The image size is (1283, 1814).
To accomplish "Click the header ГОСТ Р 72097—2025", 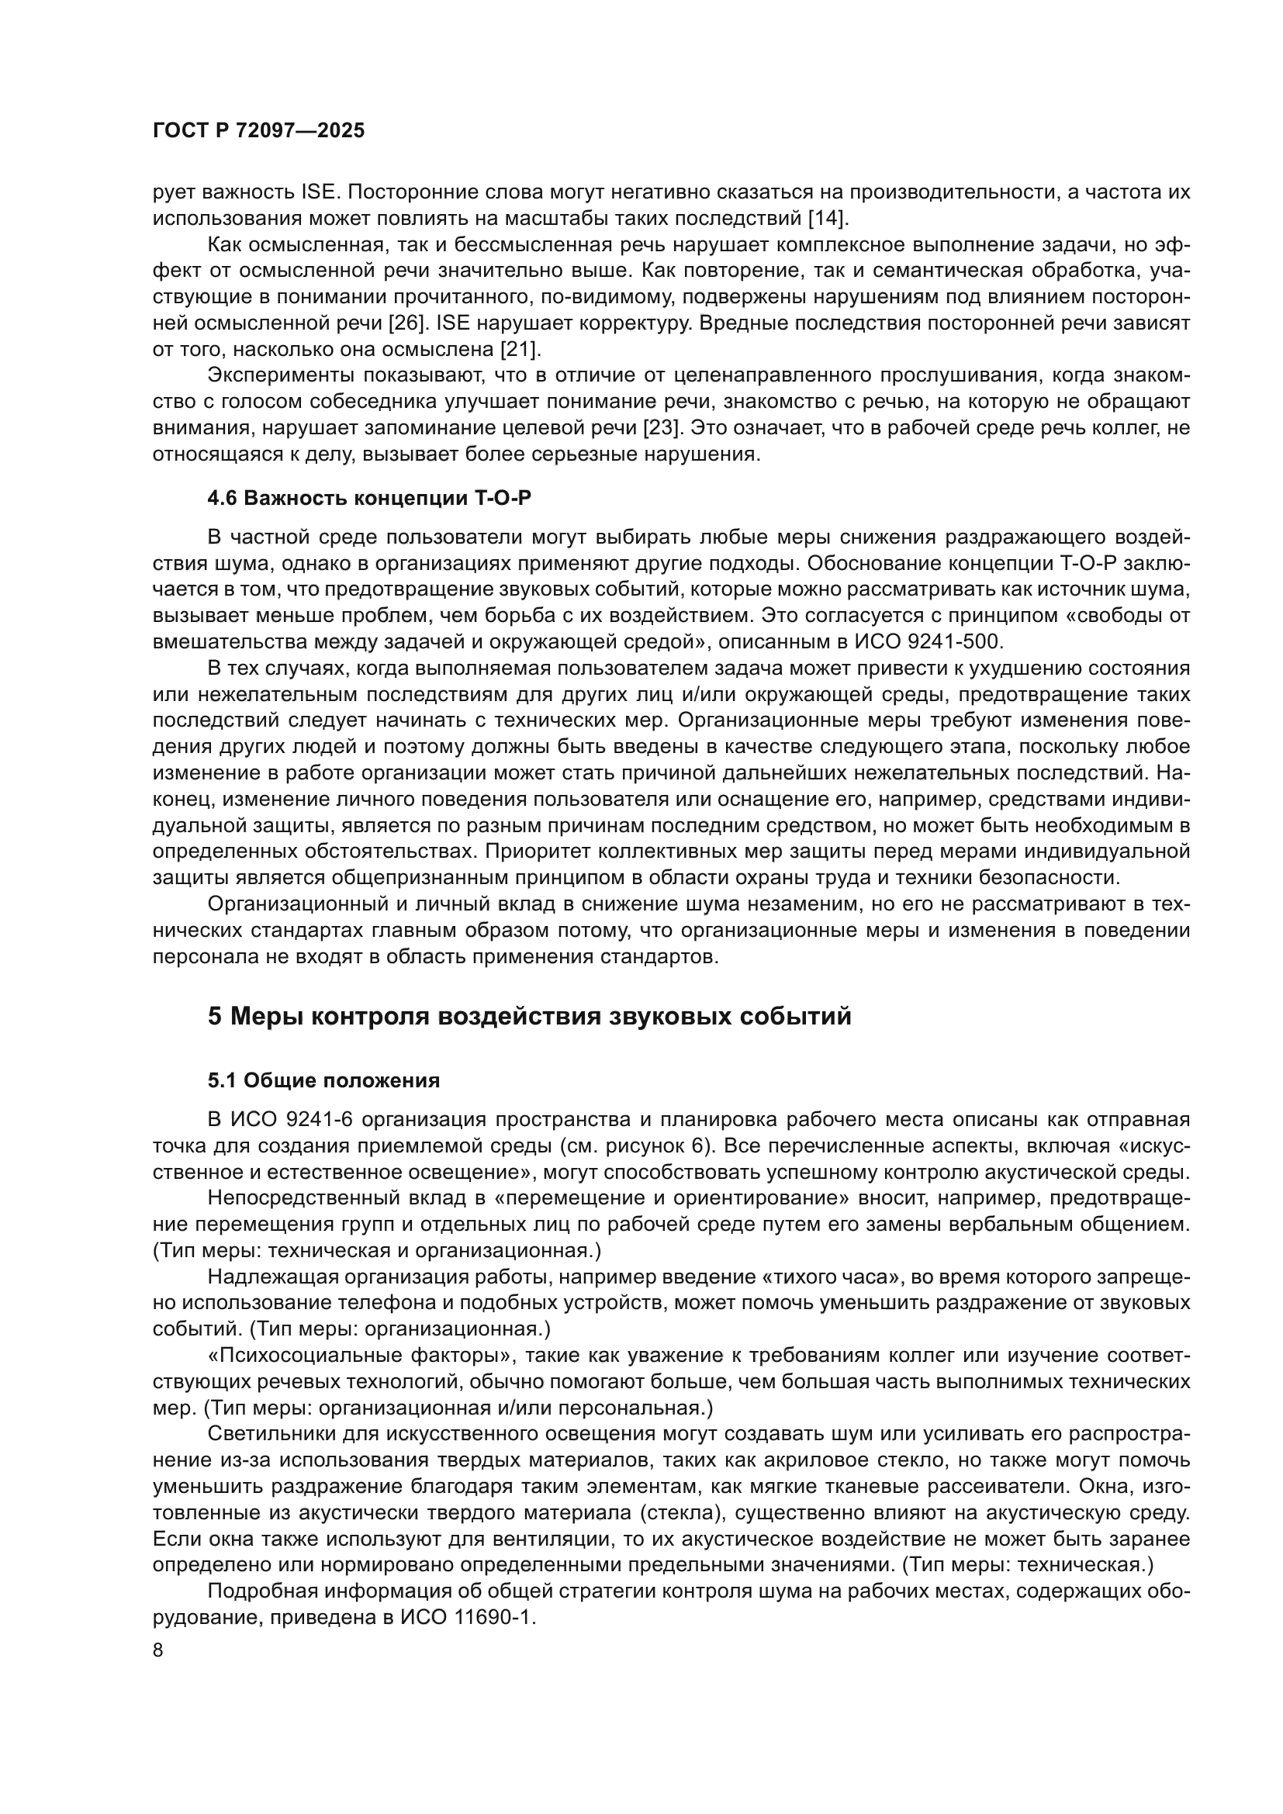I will (258, 131).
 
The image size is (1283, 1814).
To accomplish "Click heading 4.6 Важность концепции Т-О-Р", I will (375, 498).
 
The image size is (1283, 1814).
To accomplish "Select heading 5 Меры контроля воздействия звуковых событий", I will (529, 1016).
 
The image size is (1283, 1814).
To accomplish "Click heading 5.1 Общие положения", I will (324, 1080).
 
